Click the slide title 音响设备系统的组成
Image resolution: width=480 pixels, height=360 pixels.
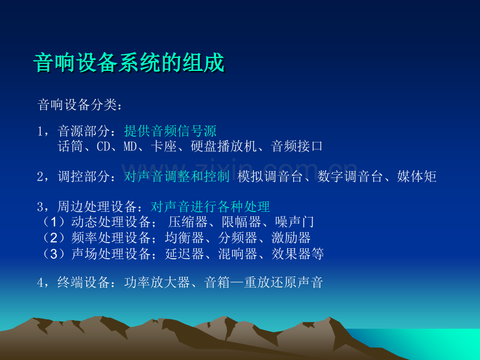[x=129, y=63]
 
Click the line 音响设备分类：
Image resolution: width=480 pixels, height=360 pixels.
[x=80, y=105]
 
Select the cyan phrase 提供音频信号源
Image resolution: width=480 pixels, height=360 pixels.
[x=170, y=131]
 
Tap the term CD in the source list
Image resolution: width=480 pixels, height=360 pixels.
[x=103, y=146]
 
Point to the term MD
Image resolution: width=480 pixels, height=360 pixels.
[x=130, y=146]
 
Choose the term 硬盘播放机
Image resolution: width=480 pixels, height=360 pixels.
[x=223, y=146]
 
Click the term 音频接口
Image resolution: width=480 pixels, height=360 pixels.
[x=297, y=146]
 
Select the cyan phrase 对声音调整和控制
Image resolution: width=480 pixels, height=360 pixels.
[x=177, y=177]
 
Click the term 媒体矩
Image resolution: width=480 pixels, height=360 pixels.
[x=417, y=177]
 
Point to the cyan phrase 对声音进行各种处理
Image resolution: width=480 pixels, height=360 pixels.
[x=210, y=207]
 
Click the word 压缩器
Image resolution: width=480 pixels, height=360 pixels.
[x=188, y=222]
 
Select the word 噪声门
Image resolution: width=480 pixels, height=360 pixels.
[x=294, y=222]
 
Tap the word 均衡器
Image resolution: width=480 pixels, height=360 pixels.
[x=184, y=238]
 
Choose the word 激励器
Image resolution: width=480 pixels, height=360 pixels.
[x=291, y=238]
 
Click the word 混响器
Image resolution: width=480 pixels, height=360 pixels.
[x=237, y=254]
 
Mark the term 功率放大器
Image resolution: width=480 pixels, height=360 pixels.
[x=157, y=282]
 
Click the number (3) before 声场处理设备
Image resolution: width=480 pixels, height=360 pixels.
[x=54, y=254]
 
